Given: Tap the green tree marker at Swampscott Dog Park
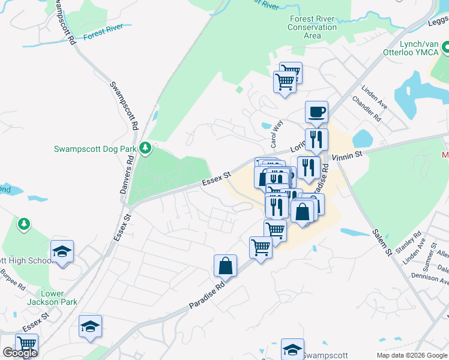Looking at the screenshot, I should click(145, 147).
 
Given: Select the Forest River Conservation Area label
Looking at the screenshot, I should click(312, 27).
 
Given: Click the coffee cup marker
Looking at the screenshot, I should click(316, 112).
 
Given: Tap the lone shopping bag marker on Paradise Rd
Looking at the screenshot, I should click(225, 265).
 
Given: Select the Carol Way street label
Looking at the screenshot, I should click(277, 134).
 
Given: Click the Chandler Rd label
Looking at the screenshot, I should click(366, 109).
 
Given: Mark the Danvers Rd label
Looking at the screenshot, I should click(130, 173).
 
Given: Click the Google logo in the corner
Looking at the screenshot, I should click(20, 353).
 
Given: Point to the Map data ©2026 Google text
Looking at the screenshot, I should click(411, 355).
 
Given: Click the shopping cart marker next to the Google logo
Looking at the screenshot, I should click(26, 344).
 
